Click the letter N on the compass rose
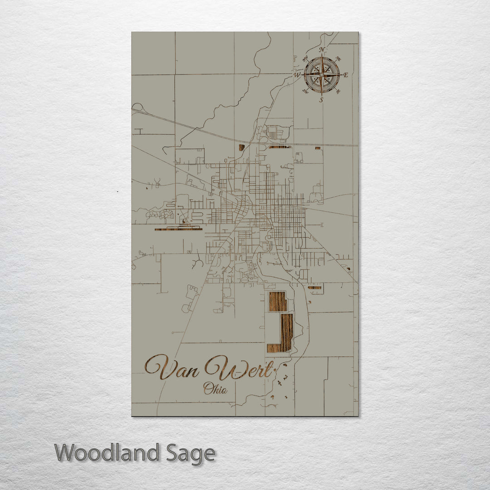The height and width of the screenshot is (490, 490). click(x=322, y=49)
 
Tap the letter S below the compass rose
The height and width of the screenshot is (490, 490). click(x=321, y=100)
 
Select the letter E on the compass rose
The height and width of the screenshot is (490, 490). click(x=346, y=75)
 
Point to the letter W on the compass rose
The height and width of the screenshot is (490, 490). click(x=297, y=75)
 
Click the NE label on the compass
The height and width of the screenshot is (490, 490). click(x=338, y=59)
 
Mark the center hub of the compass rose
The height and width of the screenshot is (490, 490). click(x=322, y=74)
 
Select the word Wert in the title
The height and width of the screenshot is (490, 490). click(x=240, y=368)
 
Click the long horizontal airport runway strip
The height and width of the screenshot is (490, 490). click(x=178, y=229)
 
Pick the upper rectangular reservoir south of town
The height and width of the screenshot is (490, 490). click(x=278, y=301)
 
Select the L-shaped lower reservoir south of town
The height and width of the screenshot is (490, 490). click(x=284, y=336)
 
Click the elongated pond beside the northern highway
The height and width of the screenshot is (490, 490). click(x=279, y=147)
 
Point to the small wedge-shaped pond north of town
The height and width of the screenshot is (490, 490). click(x=242, y=147)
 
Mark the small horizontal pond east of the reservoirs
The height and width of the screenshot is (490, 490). click(x=314, y=287)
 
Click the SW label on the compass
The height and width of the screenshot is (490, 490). click(x=305, y=92)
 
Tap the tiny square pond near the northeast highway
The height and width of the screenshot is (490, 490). click(x=318, y=148)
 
